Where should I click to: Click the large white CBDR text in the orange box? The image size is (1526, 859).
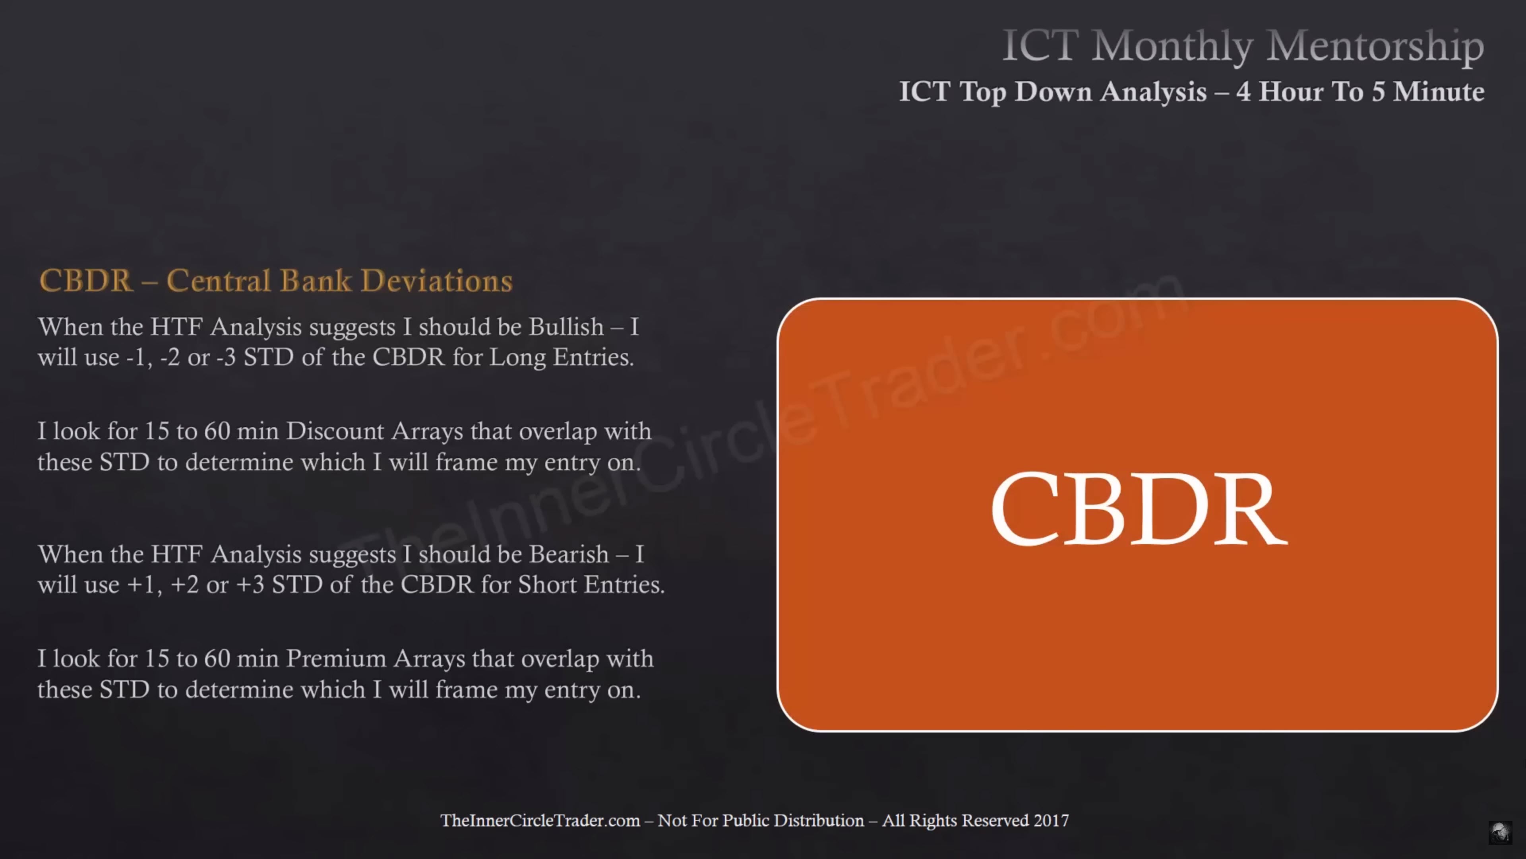(1139, 508)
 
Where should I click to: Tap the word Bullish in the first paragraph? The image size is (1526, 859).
(566, 326)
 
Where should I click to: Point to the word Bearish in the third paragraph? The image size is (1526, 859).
(569, 554)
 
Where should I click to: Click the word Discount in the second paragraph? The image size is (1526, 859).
(335, 431)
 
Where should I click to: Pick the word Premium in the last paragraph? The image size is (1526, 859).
(336, 659)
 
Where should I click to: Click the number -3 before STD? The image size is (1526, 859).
(226, 358)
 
